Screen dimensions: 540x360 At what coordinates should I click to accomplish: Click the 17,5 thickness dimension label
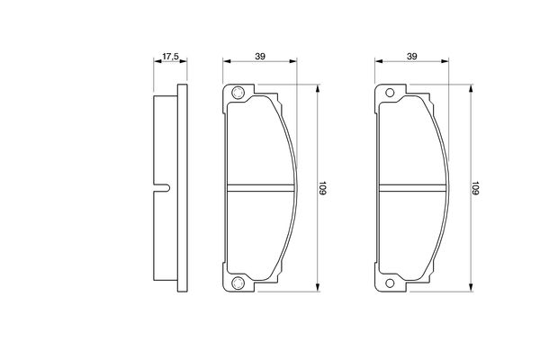coord(170,57)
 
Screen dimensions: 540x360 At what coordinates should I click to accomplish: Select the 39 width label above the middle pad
coord(260,56)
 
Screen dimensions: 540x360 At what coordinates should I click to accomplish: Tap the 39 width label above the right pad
coord(412,56)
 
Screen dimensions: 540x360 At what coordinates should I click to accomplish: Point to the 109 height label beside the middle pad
coord(322,188)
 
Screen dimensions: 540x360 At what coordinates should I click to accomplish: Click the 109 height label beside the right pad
coord(475,188)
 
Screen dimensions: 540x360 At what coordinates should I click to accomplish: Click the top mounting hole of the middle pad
coord(238,93)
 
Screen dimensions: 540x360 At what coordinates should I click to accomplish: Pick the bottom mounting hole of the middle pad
coord(238,283)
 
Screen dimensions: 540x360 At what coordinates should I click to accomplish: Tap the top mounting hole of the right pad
coord(390,93)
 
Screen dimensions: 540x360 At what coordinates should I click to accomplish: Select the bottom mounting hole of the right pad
coord(390,283)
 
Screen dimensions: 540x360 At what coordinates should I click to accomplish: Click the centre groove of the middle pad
coord(261,188)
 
